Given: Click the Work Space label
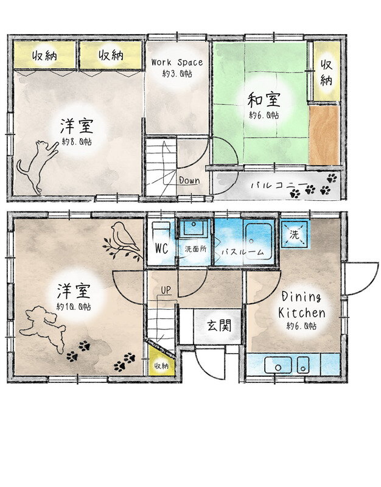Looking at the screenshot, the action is [x=177, y=62].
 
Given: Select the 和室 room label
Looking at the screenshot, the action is [x=264, y=100].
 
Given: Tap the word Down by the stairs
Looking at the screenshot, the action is [x=189, y=180].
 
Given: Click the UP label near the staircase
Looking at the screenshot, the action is [x=166, y=290].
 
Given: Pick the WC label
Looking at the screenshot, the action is [x=161, y=248].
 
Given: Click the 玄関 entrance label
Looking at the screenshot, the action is [x=219, y=326].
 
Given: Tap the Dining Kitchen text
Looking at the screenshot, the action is [x=301, y=305].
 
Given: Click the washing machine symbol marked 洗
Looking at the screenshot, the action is [x=295, y=234].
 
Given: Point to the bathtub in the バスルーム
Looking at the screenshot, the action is [x=259, y=241].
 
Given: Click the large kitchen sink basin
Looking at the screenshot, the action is [x=278, y=365].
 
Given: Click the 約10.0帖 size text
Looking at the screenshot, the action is [x=74, y=307].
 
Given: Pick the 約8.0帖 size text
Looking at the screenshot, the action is [x=77, y=142].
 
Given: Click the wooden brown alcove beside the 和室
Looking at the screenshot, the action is [x=324, y=135].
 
